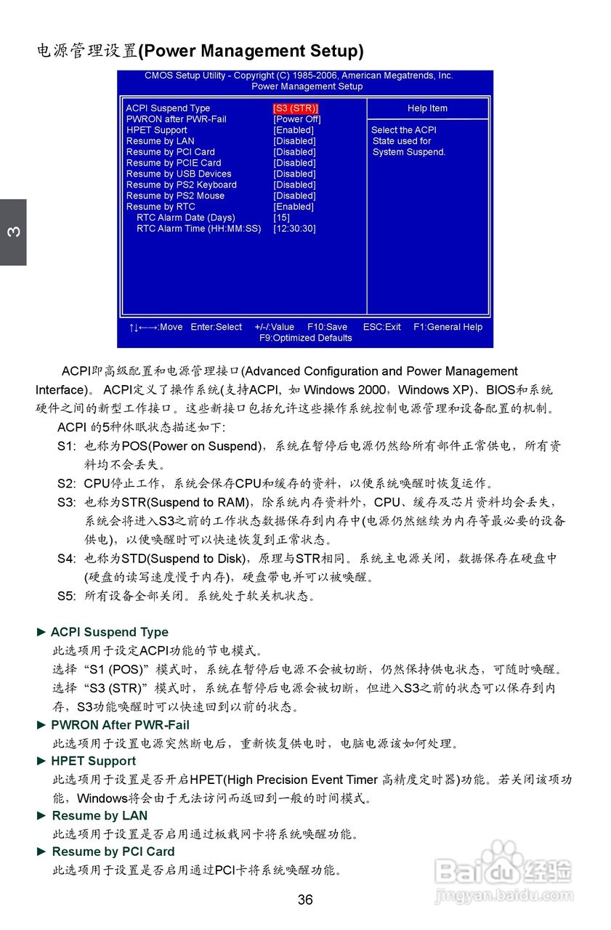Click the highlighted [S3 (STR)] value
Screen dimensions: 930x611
(296, 108)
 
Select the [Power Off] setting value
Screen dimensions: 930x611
(296, 119)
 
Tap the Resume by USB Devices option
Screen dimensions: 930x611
(179, 174)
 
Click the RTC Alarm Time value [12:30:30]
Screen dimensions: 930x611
(294, 228)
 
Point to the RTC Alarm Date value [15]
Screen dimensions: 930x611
(281, 217)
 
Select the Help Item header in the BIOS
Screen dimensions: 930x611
(427, 108)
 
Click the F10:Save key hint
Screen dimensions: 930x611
(327, 327)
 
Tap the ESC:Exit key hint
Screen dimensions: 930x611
(381, 327)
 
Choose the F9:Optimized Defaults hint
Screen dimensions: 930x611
(305, 338)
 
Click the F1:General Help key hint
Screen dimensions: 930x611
(448, 327)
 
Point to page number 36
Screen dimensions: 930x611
(305, 900)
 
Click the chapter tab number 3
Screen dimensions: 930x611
(13, 232)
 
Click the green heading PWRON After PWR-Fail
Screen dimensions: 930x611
(119, 724)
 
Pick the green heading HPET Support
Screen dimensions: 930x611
(93, 761)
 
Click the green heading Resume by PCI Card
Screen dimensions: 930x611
(113, 852)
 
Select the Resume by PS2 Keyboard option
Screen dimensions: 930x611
(181, 185)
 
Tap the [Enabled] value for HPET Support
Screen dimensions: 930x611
(294, 130)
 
